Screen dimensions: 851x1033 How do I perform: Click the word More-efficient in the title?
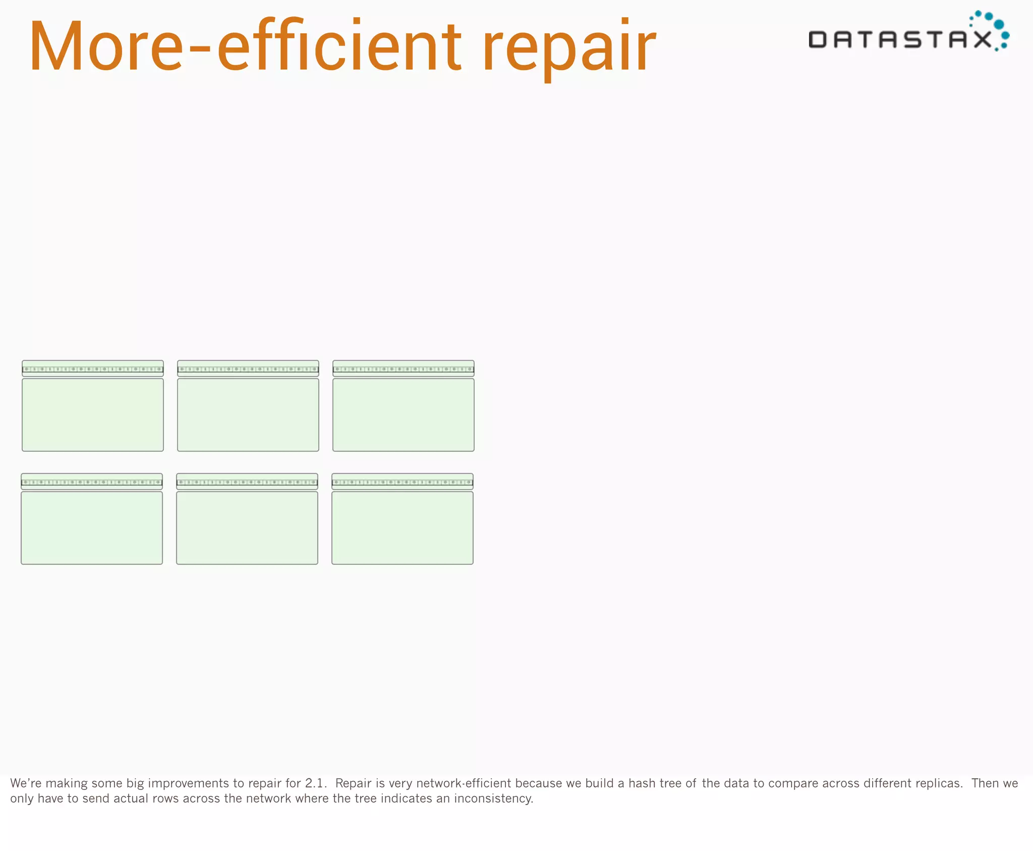245,46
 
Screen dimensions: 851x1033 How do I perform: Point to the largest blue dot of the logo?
999,24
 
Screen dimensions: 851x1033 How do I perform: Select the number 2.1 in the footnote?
315,783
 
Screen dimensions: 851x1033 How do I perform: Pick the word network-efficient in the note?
464,783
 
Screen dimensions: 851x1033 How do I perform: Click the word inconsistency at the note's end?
493,799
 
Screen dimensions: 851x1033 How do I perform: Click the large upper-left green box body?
93,415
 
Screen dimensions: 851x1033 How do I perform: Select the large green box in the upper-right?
404,415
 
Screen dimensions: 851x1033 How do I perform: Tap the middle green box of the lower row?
247,528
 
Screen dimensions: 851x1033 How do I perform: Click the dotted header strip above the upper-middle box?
248,368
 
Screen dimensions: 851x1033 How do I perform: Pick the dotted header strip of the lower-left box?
92,482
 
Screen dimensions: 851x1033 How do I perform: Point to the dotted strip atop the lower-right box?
403,482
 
